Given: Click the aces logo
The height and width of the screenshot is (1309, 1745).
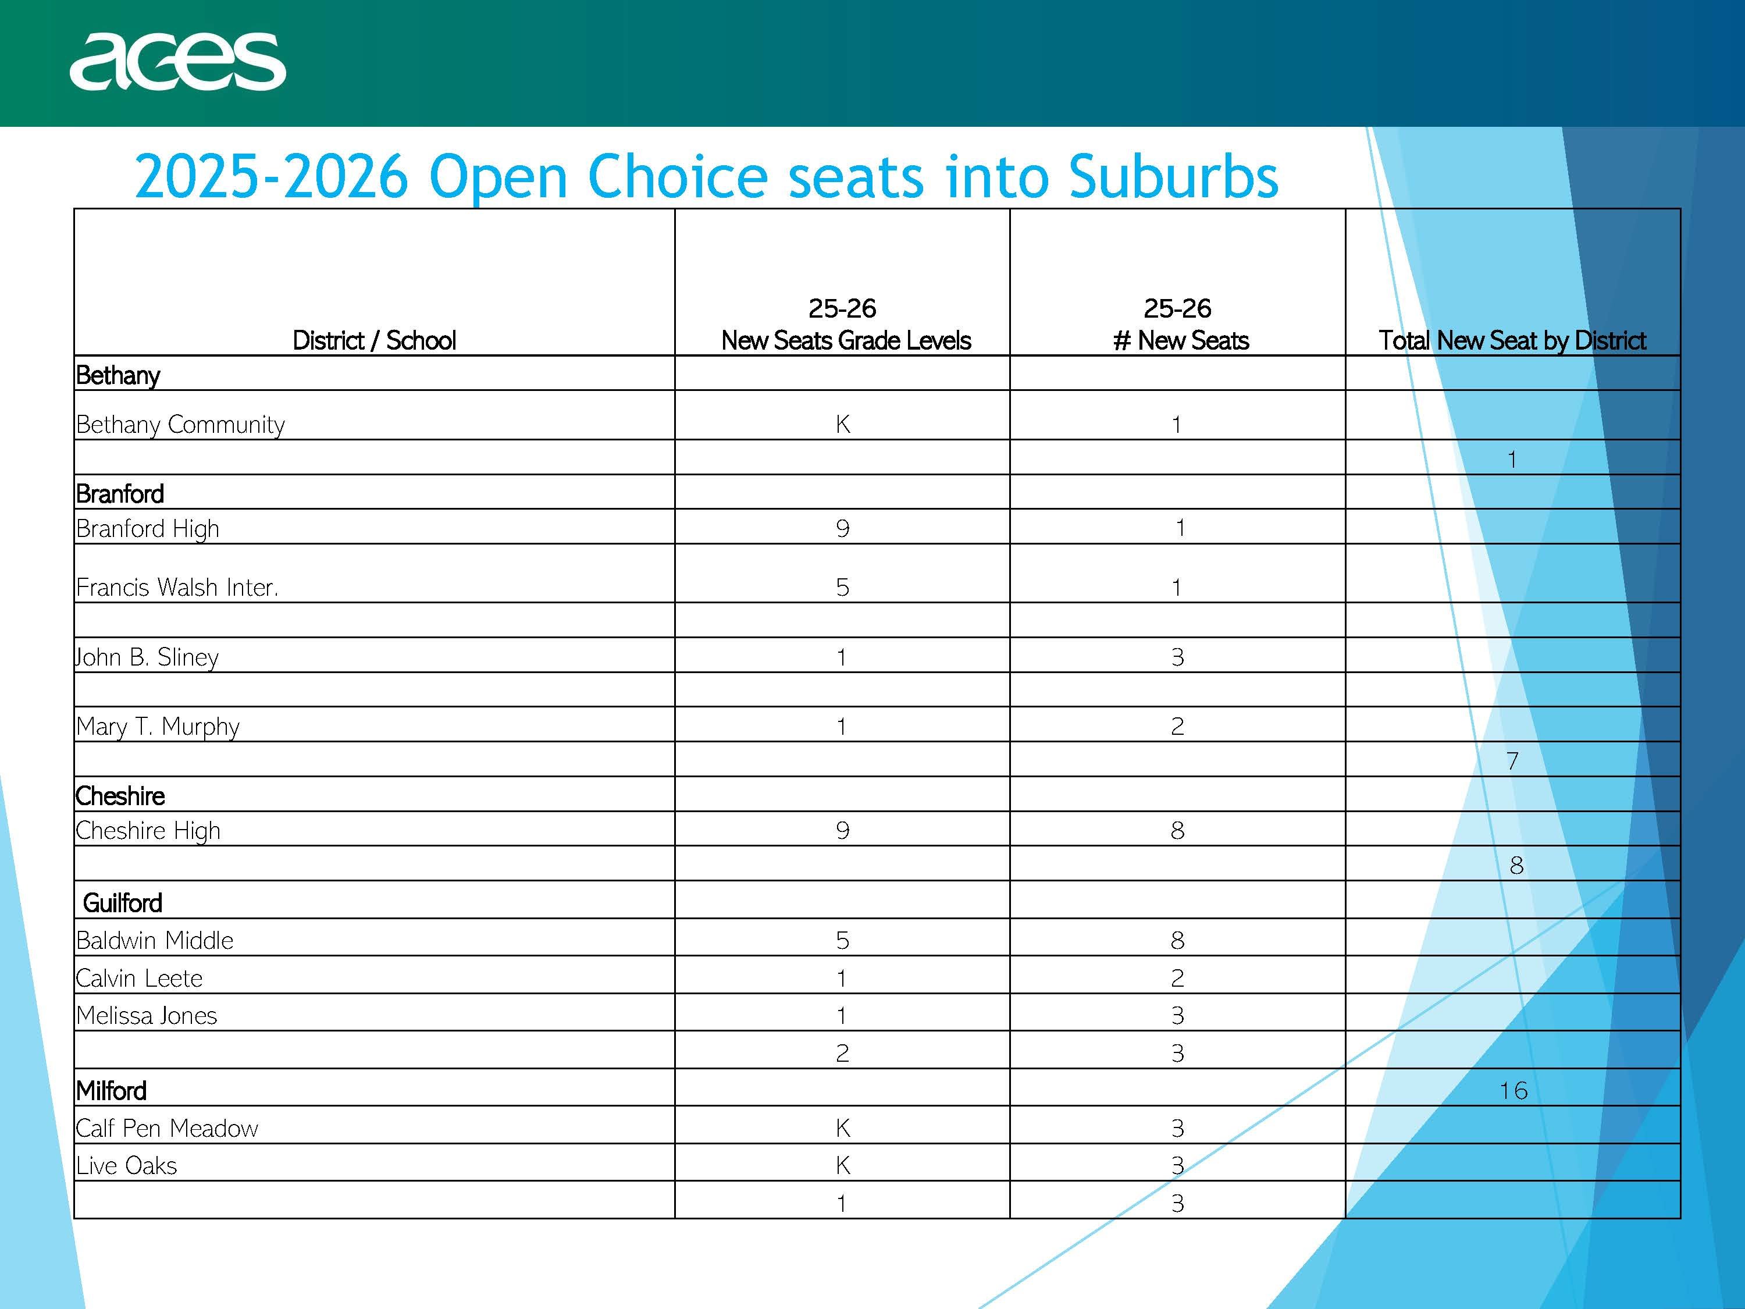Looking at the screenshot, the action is coord(177,62).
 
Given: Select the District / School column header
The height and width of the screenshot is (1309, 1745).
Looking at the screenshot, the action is coord(374,340).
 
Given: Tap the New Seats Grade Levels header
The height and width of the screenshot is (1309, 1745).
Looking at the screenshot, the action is coord(846,340).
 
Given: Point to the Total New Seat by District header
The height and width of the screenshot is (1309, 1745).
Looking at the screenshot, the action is coord(1512,340).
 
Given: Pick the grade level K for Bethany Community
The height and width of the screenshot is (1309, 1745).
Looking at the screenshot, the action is coord(842,425).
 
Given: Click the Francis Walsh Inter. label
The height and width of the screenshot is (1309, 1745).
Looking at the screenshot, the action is coord(177,587).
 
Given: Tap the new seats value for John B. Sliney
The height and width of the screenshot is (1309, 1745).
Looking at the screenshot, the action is coord(1177,656).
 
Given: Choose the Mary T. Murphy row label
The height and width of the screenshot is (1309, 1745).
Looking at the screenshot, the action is coord(158,726).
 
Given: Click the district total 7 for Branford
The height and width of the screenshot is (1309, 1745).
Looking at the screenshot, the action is coord(1512,760).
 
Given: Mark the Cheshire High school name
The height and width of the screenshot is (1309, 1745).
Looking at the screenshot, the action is coord(148,830).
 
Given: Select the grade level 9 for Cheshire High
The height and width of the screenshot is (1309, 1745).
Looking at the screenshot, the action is coord(842,830).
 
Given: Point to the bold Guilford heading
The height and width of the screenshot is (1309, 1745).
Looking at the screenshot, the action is coord(122,903).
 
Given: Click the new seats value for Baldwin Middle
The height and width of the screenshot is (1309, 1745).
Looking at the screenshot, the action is coord(1177,940).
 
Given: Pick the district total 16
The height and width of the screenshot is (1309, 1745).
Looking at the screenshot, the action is coord(1513,1090).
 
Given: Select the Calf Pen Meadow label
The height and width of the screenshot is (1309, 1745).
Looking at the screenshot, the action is coord(168,1128).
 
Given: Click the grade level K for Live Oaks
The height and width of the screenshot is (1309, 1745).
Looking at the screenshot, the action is coord(842,1165).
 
